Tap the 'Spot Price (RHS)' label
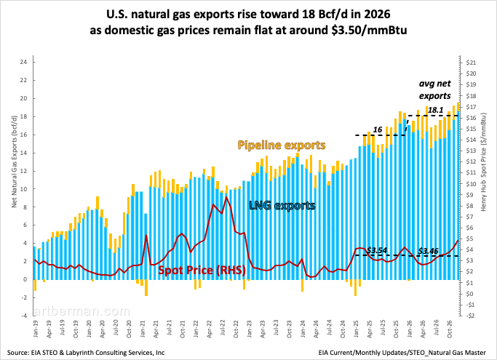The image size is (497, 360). pyautogui.click(x=202, y=271)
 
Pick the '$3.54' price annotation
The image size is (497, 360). pyautogui.click(x=376, y=250)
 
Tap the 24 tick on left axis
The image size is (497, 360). pyautogui.click(x=24, y=62)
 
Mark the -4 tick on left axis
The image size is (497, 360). pyautogui.click(x=23, y=316)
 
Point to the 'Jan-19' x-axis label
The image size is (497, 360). pyautogui.click(x=34, y=331)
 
